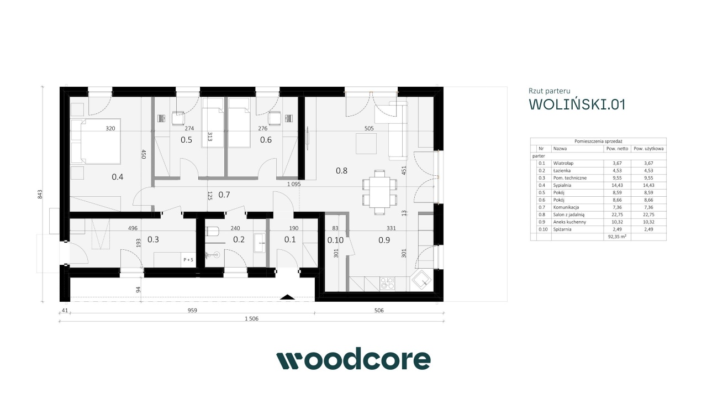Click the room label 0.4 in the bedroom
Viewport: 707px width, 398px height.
[118, 177]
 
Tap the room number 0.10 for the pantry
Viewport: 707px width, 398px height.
[335, 240]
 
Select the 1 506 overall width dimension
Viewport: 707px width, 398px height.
[251, 319]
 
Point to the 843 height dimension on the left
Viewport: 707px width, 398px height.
[40, 194]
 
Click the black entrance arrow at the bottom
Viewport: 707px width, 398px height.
[288, 297]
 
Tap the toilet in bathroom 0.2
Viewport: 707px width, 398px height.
[212, 232]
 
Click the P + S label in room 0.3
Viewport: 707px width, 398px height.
[188, 260]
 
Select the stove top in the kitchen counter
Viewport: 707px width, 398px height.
[387, 284]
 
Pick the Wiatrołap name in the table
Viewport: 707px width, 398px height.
[563, 163]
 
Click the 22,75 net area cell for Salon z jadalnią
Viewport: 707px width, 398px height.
[617, 215]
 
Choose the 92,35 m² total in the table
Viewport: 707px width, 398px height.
[617, 237]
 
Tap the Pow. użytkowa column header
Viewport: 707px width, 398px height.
[648, 149]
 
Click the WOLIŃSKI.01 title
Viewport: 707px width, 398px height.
[577, 104]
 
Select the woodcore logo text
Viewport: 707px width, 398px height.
[353, 359]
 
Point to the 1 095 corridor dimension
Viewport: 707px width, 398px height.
[294, 184]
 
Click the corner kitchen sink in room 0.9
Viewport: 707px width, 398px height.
[421, 280]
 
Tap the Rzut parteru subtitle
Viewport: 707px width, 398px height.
[550, 91]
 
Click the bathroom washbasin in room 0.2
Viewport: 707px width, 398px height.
[260, 243]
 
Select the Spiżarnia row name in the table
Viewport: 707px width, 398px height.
[562, 229]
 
